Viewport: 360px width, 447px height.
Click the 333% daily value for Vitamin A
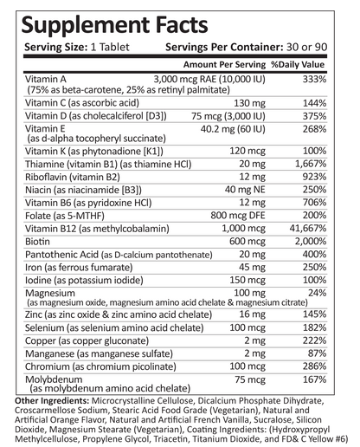tap(313, 79)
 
